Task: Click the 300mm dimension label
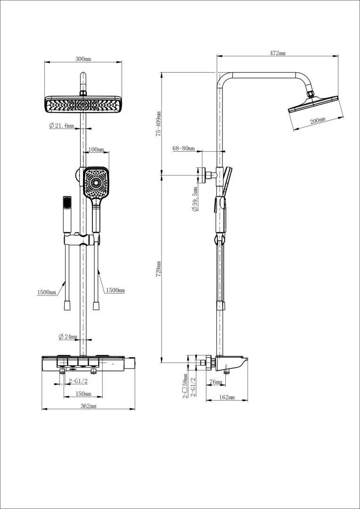pos(83,59)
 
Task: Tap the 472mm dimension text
pos(278,53)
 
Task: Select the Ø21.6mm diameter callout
pos(61,126)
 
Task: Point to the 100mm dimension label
pos(96,150)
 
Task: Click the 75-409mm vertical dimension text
pos(158,123)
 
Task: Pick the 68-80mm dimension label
pos(183,148)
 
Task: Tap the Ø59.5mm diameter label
pos(195,199)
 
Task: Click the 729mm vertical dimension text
pos(158,269)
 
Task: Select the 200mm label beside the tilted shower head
pos(318,121)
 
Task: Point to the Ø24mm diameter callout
pos(68,337)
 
